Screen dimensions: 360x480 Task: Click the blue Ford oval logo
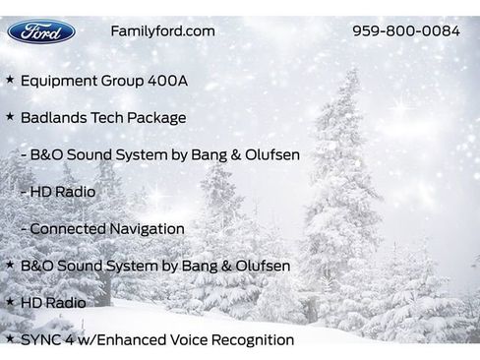click(41, 31)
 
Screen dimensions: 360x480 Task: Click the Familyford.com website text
click(162, 30)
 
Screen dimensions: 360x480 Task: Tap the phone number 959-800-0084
click(405, 30)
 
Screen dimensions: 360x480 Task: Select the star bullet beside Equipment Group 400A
click(10, 80)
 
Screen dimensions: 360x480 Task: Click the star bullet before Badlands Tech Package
click(10, 117)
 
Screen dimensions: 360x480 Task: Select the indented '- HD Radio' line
click(58, 192)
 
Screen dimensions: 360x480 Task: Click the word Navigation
click(147, 228)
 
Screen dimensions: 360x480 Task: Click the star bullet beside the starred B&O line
click(10, 266)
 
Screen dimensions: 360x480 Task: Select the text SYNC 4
click(47, 339)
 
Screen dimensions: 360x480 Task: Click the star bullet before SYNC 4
click(10, 339)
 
